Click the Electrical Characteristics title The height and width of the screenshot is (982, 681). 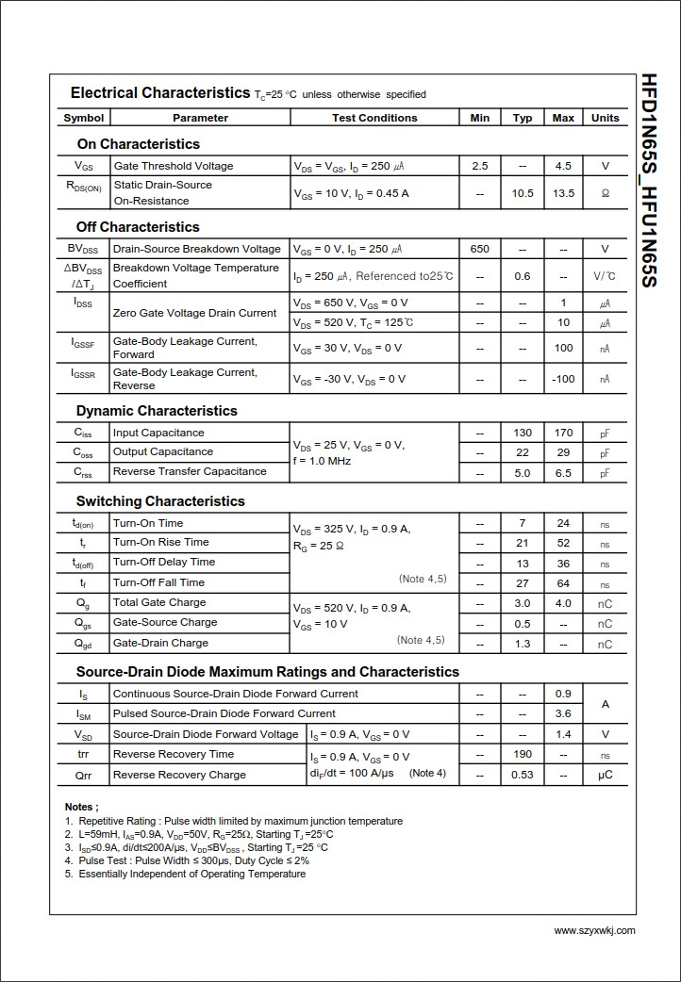(x=160, y=93)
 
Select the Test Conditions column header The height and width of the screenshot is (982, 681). (x=374, y=118)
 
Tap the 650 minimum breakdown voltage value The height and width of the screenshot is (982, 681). (x=480, y=249)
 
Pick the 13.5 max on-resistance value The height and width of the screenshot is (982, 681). (x=563, y=193)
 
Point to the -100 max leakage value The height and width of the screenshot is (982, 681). (x=563, y=379)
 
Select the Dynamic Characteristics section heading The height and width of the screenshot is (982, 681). (x=157, y=411)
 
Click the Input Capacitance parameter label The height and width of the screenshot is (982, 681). (x=158, y=433)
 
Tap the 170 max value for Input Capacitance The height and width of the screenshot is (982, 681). (x=563, y=434)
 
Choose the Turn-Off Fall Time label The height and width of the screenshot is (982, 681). (x=158, y=582)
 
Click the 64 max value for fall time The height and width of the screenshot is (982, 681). (x=563, y=584)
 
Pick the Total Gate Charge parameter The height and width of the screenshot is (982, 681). (x=159, y=602)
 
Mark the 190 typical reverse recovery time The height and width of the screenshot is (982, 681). (x=523, y=754)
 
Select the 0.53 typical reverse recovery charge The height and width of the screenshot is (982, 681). (x=523, y=775)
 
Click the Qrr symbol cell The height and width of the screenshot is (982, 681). (x=83, y=775)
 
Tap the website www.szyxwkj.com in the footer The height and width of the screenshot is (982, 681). (x=594, y=930)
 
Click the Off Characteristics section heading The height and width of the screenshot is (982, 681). (x=138, y=227)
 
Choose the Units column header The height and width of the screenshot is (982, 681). (x=606, y=118)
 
